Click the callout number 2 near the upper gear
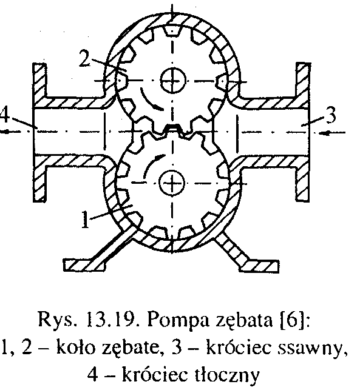coord(85,58)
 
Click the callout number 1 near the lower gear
coord(86,220)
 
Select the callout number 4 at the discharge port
coord(5,115)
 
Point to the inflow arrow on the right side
coord(332,133)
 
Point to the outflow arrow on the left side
coord(13,132)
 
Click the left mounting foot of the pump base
coord(84,265)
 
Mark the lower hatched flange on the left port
coord(39,178)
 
